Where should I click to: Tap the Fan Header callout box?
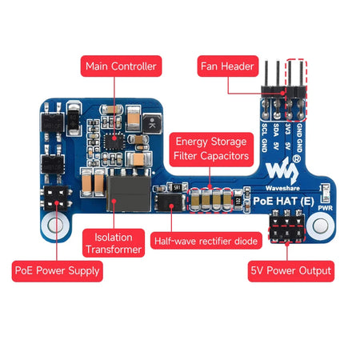pyautogui.click(x=227, y=66)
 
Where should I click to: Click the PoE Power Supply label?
pyautogui.click(x=57, y=271)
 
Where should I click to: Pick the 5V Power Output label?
pyautogui.click(x=290, y=271)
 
